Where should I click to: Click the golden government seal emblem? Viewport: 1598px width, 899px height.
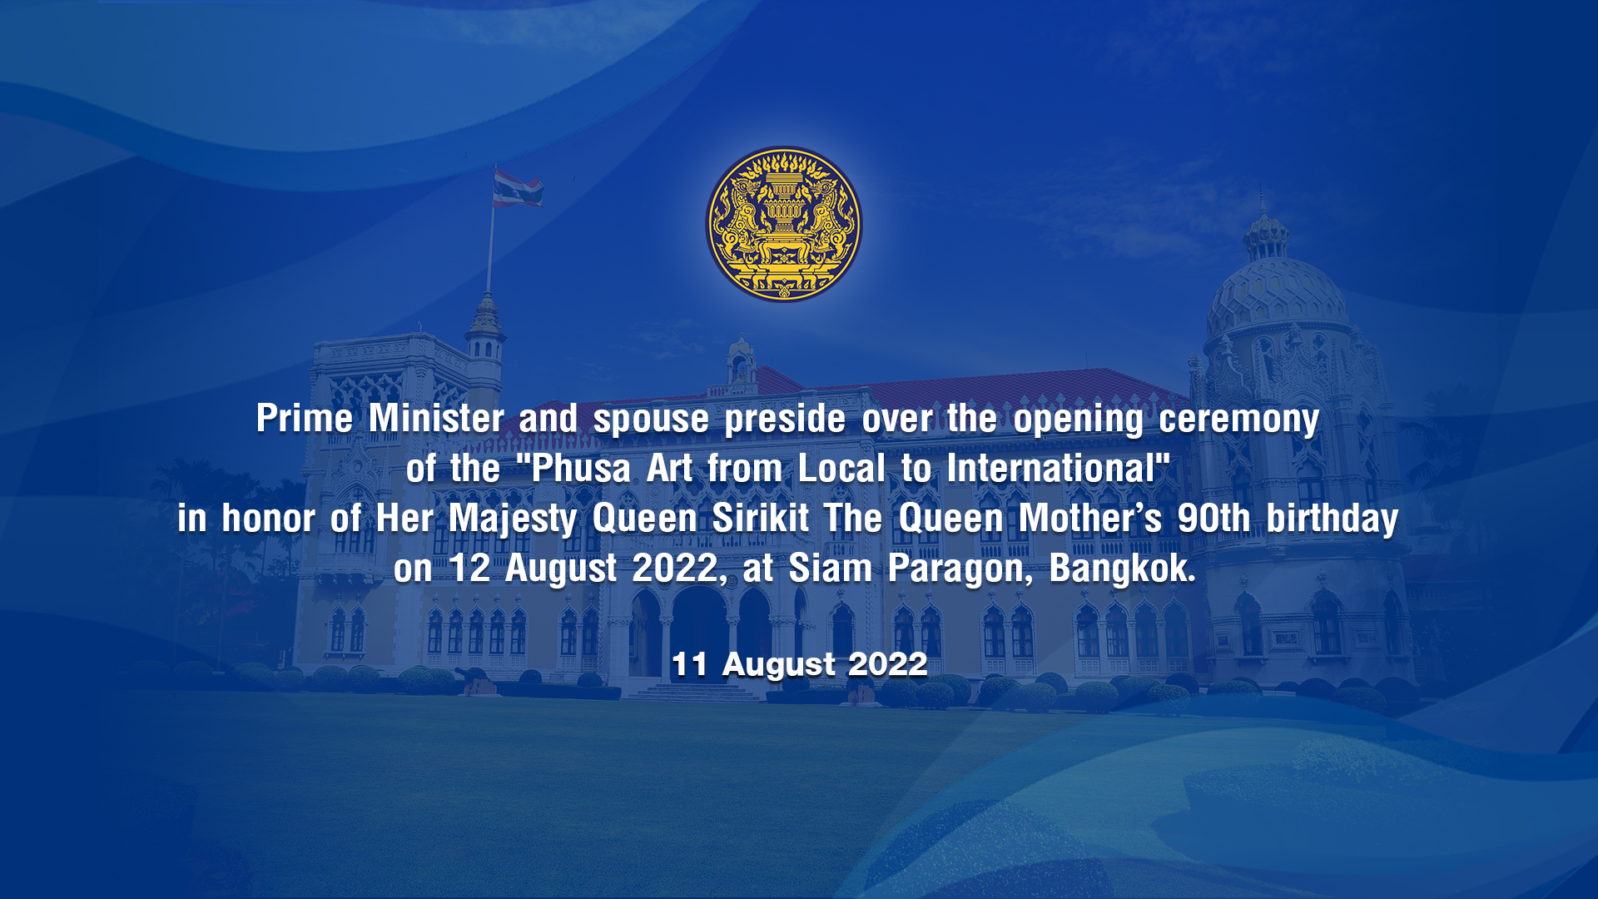click(x=784, y=225)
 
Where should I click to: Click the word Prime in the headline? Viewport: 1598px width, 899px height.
click(x=305, y=418)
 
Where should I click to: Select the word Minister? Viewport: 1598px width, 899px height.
click(x=436, y=418)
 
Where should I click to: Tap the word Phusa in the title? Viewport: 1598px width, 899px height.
click(x=581, y=468)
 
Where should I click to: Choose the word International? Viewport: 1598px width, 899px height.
click(x=1050, y=468)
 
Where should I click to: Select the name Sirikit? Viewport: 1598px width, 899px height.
click(x=761, y=518)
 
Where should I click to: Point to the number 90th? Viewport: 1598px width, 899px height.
click(x=1213, y=518)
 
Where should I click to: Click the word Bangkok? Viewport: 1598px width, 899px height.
click(x=1122, y=569)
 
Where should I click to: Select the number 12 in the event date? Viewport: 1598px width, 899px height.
click(x=469, y=569)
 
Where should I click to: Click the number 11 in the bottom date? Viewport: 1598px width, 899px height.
click(x=689, y=664)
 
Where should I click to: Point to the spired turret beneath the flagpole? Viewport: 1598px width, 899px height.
click(x=485, y=329)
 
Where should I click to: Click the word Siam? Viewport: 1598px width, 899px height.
click(x=830, y=569)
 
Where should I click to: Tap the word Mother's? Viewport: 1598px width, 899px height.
click(x=1090, y=518)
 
